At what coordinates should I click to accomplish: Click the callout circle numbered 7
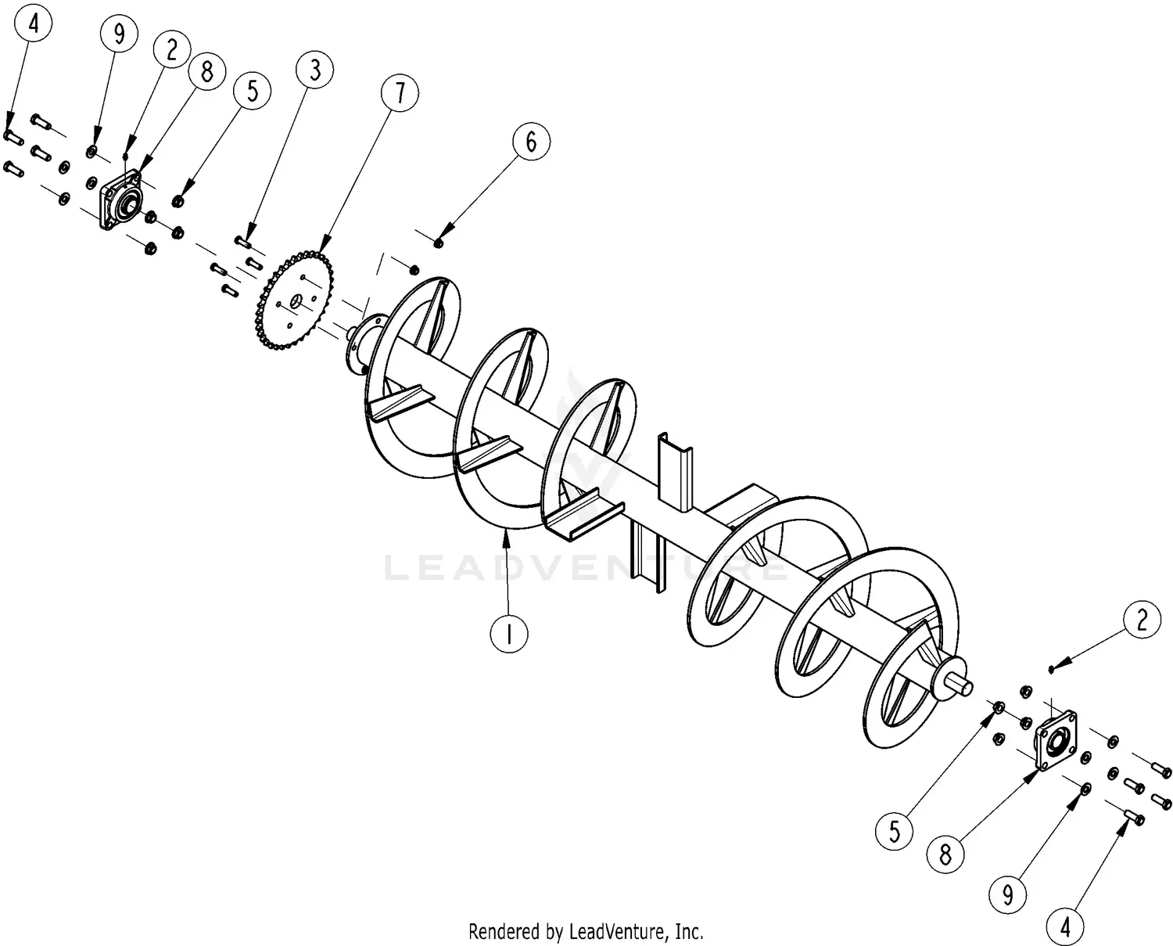[x=400, y=94]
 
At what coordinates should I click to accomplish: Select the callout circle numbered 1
[x=509, y=634]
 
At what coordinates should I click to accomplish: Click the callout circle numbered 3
[x=314, y=70]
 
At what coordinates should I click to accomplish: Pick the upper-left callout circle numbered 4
[x=33, y=23]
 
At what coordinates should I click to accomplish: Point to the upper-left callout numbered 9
[x=119, y=34]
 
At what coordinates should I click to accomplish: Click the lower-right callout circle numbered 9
[x=1007, y=893]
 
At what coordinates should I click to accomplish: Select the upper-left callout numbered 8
[x=206, y=72]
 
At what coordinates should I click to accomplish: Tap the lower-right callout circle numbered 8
[x=945, y=854]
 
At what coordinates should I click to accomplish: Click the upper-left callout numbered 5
[x=252, y=91]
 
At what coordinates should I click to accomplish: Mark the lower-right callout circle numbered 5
[x=895, y=830]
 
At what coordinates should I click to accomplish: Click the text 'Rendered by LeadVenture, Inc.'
[x=586, y=931]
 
